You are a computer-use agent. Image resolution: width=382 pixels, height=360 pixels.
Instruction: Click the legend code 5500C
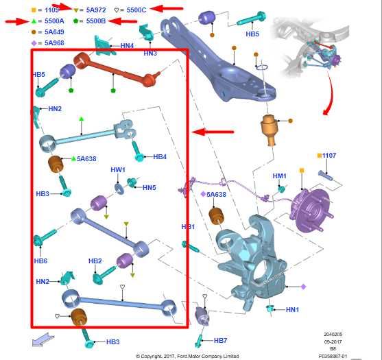pos(136,10)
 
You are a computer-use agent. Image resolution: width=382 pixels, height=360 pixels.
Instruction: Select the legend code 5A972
pos(96,10)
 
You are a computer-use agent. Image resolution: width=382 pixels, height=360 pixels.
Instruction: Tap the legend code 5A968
pos(54,43)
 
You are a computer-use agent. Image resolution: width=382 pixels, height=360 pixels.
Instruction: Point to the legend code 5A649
pos(54,32)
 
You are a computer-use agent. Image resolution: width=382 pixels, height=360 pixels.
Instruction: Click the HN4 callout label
pos(127,45)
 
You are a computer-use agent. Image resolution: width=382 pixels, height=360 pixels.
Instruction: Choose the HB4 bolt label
pos(160,156)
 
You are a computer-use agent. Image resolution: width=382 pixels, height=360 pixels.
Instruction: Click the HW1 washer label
pos(118,169)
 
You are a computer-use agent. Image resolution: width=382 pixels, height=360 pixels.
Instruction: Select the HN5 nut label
pos(150,188)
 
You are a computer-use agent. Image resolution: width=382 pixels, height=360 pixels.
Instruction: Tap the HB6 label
pos(40,261)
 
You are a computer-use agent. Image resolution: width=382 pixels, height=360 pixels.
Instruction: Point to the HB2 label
pos(95,261)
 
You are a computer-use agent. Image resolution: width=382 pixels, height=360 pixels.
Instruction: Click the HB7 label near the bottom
pos(220,341)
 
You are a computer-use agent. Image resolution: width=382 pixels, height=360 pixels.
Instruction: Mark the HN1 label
pos(292,309)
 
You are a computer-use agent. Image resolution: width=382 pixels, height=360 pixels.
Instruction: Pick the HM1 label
pos(279,176)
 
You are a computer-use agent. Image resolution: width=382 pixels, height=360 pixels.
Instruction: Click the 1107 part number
pos(329,155)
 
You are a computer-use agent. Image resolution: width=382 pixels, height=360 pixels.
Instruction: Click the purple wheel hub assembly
pos(311,209)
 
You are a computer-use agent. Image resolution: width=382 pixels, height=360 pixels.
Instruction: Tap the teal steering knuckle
pos(251,261)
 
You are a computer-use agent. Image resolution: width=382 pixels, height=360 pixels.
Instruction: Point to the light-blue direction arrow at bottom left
pos(43,339)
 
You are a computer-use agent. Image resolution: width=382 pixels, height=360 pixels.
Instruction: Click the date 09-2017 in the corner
pos(333,341)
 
